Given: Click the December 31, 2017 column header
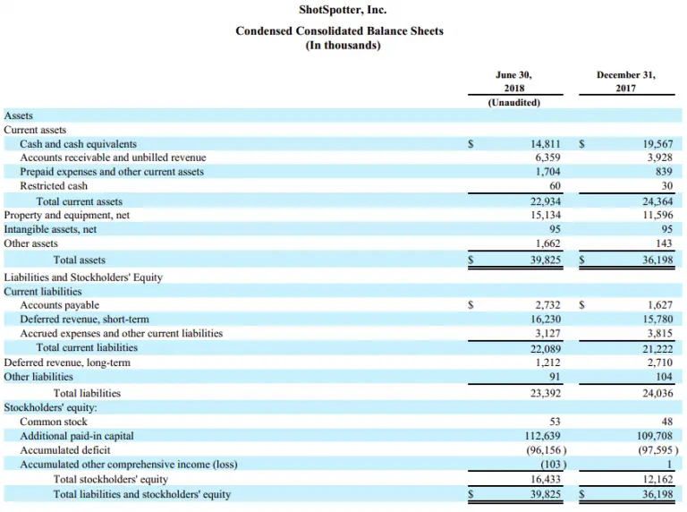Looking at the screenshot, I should click(625, 81).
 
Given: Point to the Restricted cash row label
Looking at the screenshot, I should click(55, 186).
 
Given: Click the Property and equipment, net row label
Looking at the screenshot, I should click(67, 216).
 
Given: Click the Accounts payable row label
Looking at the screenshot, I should click(60, 305).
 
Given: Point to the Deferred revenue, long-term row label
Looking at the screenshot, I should click(67, 363).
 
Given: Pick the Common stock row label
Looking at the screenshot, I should click(54, 422).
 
